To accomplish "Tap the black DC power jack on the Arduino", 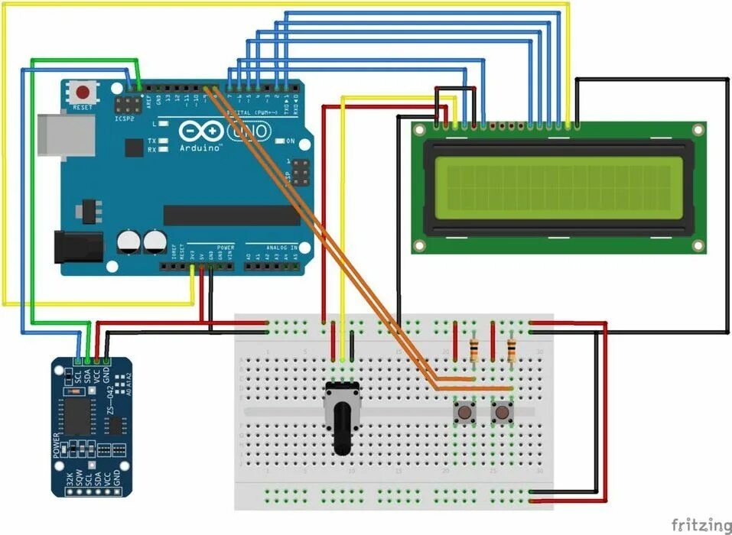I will [77, 247].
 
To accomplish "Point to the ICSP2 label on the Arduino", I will [124, 120].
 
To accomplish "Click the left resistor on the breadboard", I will [475, 350].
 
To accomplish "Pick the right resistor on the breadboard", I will [511, 350].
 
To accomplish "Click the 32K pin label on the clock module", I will [70, 480].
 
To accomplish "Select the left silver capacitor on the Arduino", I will [129, 243].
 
